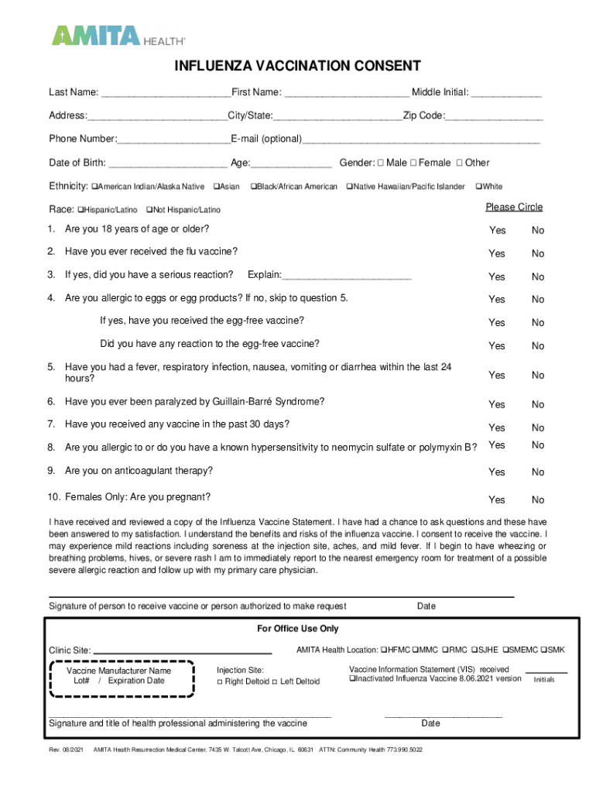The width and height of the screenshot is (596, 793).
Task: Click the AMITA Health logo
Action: pos(118,36)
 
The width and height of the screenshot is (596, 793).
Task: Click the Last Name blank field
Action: pos(165,93)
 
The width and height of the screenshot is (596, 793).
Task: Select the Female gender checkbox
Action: pos(413,163)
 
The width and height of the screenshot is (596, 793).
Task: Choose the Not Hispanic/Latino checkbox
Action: pos(149,210)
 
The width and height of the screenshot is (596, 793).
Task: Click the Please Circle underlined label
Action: pos(514,207)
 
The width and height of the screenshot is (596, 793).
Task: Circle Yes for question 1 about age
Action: pos(497,231)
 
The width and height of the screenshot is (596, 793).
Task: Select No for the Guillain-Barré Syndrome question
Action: pos(537,404)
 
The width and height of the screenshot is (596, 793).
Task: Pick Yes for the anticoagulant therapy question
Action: pos(497,472)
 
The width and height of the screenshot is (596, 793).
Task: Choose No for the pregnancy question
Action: pos(537,499)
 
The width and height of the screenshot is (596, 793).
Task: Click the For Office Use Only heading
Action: pos(298,629)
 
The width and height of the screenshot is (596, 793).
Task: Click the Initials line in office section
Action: pos(546,672)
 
